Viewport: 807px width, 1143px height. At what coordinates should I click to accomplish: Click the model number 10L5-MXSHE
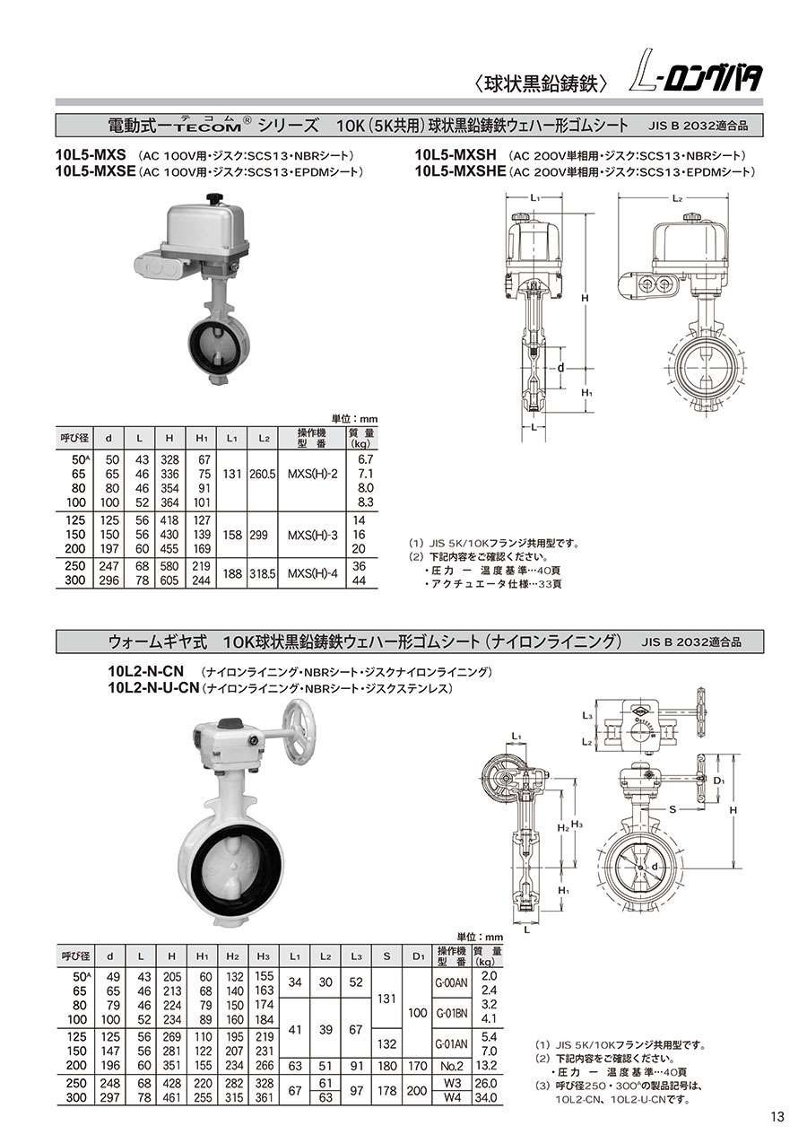pos(460,171)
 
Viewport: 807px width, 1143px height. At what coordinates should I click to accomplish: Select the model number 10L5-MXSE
pos(96,171)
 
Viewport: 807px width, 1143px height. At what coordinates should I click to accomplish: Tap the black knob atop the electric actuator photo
pos(213,198)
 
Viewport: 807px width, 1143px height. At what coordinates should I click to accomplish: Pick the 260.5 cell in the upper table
pos(262,475)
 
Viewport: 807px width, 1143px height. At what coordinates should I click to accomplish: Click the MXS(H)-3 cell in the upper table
pos(313,536)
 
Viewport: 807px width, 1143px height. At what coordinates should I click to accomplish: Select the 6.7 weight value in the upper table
pos(365,459)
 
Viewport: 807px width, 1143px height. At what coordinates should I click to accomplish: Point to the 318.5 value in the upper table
pos(262,573)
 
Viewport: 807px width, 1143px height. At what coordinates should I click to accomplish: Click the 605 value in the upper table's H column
pos(169,580)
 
